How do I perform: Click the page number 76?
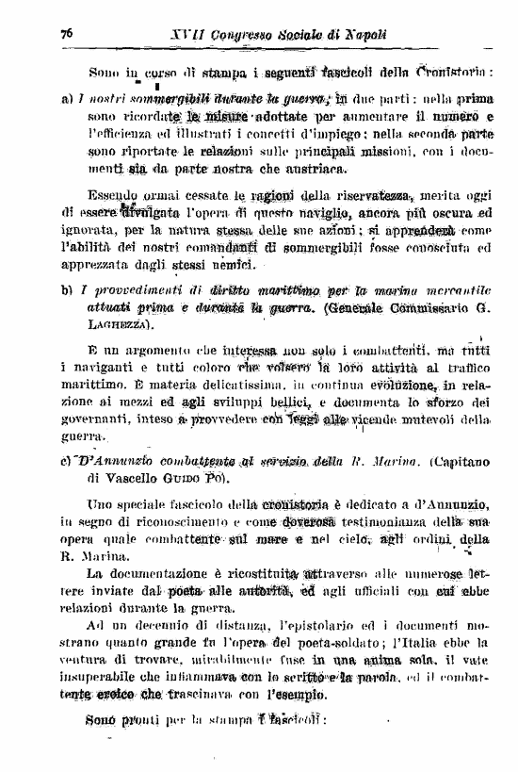click(67, 33)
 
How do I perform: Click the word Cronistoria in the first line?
click(457, 73)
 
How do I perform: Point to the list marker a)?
click(66, 97)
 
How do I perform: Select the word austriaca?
click(287, 169)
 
